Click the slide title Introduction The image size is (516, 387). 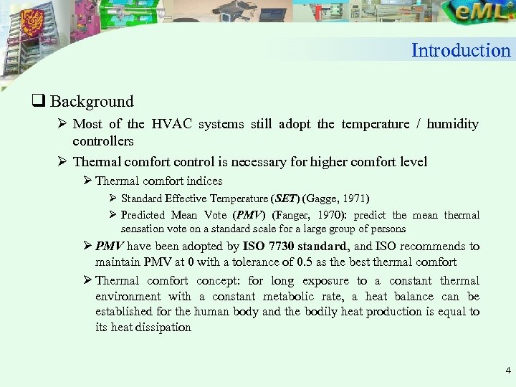(461, 50)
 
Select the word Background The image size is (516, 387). (92, 102)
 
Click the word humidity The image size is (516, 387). (452, 124)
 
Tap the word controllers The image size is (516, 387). (103, 141)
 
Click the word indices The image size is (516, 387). (204, 181)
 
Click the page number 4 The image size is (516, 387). (507, 371)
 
